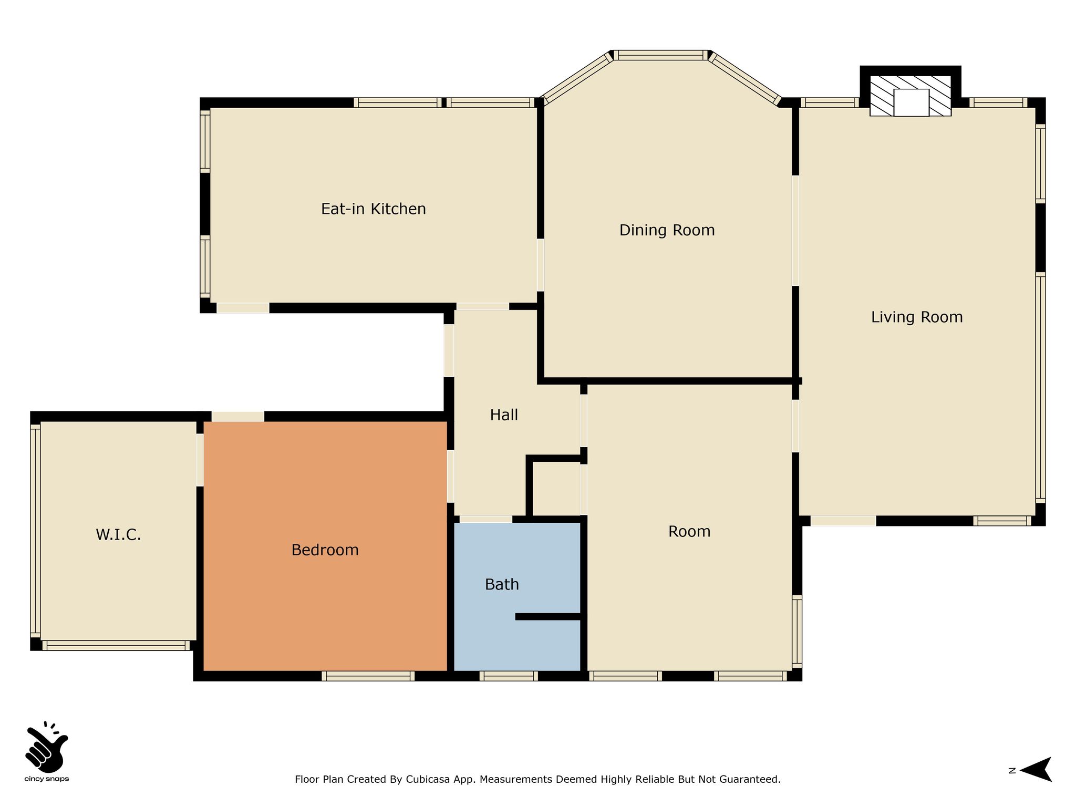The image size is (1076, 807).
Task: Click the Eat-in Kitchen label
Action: tap(374, 209)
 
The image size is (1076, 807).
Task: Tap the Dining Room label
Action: tap(667, 230)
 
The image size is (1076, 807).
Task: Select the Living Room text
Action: tap(917, 317)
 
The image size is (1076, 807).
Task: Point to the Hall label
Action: tap(504, 415)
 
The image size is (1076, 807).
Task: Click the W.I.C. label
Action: tap(118, 535)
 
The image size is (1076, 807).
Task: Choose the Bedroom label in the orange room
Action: tap(325, 550)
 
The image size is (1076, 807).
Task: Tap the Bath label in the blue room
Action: tap(502, 584)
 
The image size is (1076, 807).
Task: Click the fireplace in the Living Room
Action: tap(911, 96)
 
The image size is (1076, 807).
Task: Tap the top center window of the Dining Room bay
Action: tap(660, 55)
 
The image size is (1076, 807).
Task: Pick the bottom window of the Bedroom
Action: tap(368, 676)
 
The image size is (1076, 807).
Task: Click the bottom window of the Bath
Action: tap(509, 676)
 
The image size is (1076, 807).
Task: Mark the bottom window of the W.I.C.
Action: tap(116, 646)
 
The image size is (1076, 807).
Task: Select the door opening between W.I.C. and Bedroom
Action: tap(200, 460)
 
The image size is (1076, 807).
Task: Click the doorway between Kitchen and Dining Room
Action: tap(540, 265)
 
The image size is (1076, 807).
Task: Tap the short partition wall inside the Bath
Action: tap(548, 616)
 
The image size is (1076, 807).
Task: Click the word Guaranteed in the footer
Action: tap(754, 779)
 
